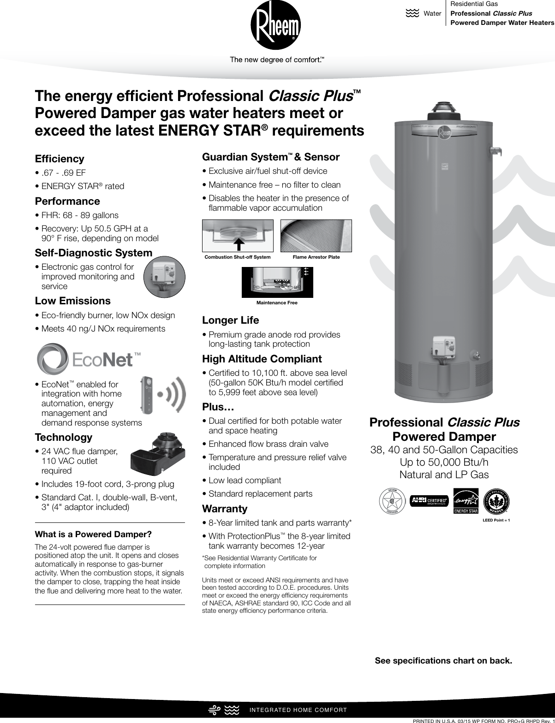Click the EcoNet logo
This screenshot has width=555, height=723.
88,359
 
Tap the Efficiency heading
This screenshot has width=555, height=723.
60,159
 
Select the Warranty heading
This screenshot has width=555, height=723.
225,509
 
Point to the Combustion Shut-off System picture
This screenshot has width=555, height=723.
238,236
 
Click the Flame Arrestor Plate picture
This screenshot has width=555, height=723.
316,236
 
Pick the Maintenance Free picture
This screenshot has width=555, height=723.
277,282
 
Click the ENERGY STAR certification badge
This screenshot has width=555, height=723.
466,500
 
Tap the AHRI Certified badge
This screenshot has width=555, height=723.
430,501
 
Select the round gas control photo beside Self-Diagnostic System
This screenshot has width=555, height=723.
164,278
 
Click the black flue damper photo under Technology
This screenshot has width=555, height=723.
158,454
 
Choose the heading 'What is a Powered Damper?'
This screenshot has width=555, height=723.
93,534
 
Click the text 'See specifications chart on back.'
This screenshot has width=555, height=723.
443,661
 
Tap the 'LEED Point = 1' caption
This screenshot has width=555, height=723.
496,520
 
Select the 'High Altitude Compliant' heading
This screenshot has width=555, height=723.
262,359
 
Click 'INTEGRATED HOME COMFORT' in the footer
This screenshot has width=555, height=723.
298,710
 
